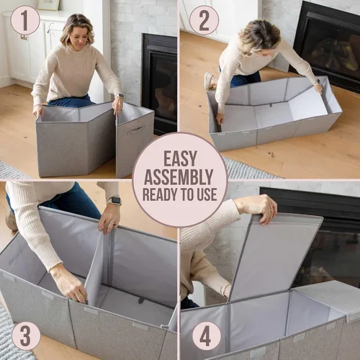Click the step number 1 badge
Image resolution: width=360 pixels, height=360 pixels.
point(25,20)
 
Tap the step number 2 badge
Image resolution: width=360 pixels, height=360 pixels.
point(204,20)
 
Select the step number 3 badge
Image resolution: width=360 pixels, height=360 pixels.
point(26,336)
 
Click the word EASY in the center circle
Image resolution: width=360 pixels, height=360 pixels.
point(180,158)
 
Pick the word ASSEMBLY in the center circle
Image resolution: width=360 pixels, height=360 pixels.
point(179,177)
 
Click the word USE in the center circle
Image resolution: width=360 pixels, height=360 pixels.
point(207,194)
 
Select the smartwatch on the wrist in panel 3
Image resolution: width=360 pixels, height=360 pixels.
point(114,201)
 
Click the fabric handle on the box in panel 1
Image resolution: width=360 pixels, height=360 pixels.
point(136,131)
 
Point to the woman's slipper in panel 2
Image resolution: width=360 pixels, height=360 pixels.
point(210,81)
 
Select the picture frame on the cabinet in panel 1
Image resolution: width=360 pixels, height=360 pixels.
point(48,5)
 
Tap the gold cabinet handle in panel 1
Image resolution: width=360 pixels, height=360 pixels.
point(24,37)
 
